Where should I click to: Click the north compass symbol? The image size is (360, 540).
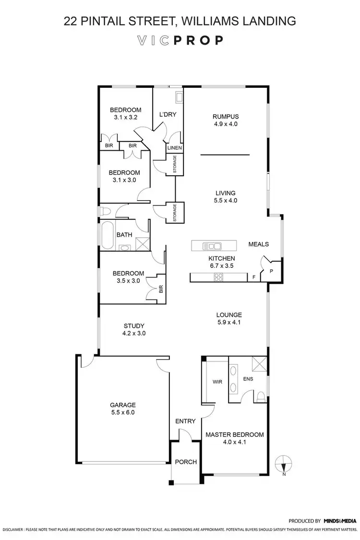(284, 464)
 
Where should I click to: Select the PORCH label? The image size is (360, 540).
(186, 462)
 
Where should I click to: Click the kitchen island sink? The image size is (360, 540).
(212, 246)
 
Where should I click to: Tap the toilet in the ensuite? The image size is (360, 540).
(261, 396)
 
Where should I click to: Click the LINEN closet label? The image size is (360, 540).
(174, 148)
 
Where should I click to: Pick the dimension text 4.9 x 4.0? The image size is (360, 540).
(226, 124)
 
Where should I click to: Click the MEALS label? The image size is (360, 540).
(258, 244)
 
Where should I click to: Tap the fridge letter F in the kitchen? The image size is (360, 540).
(254, 277)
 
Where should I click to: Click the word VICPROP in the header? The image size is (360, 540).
(179, 40)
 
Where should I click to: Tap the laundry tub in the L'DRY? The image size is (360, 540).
(179, 97)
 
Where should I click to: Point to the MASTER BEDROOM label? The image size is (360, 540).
(234, 435)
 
